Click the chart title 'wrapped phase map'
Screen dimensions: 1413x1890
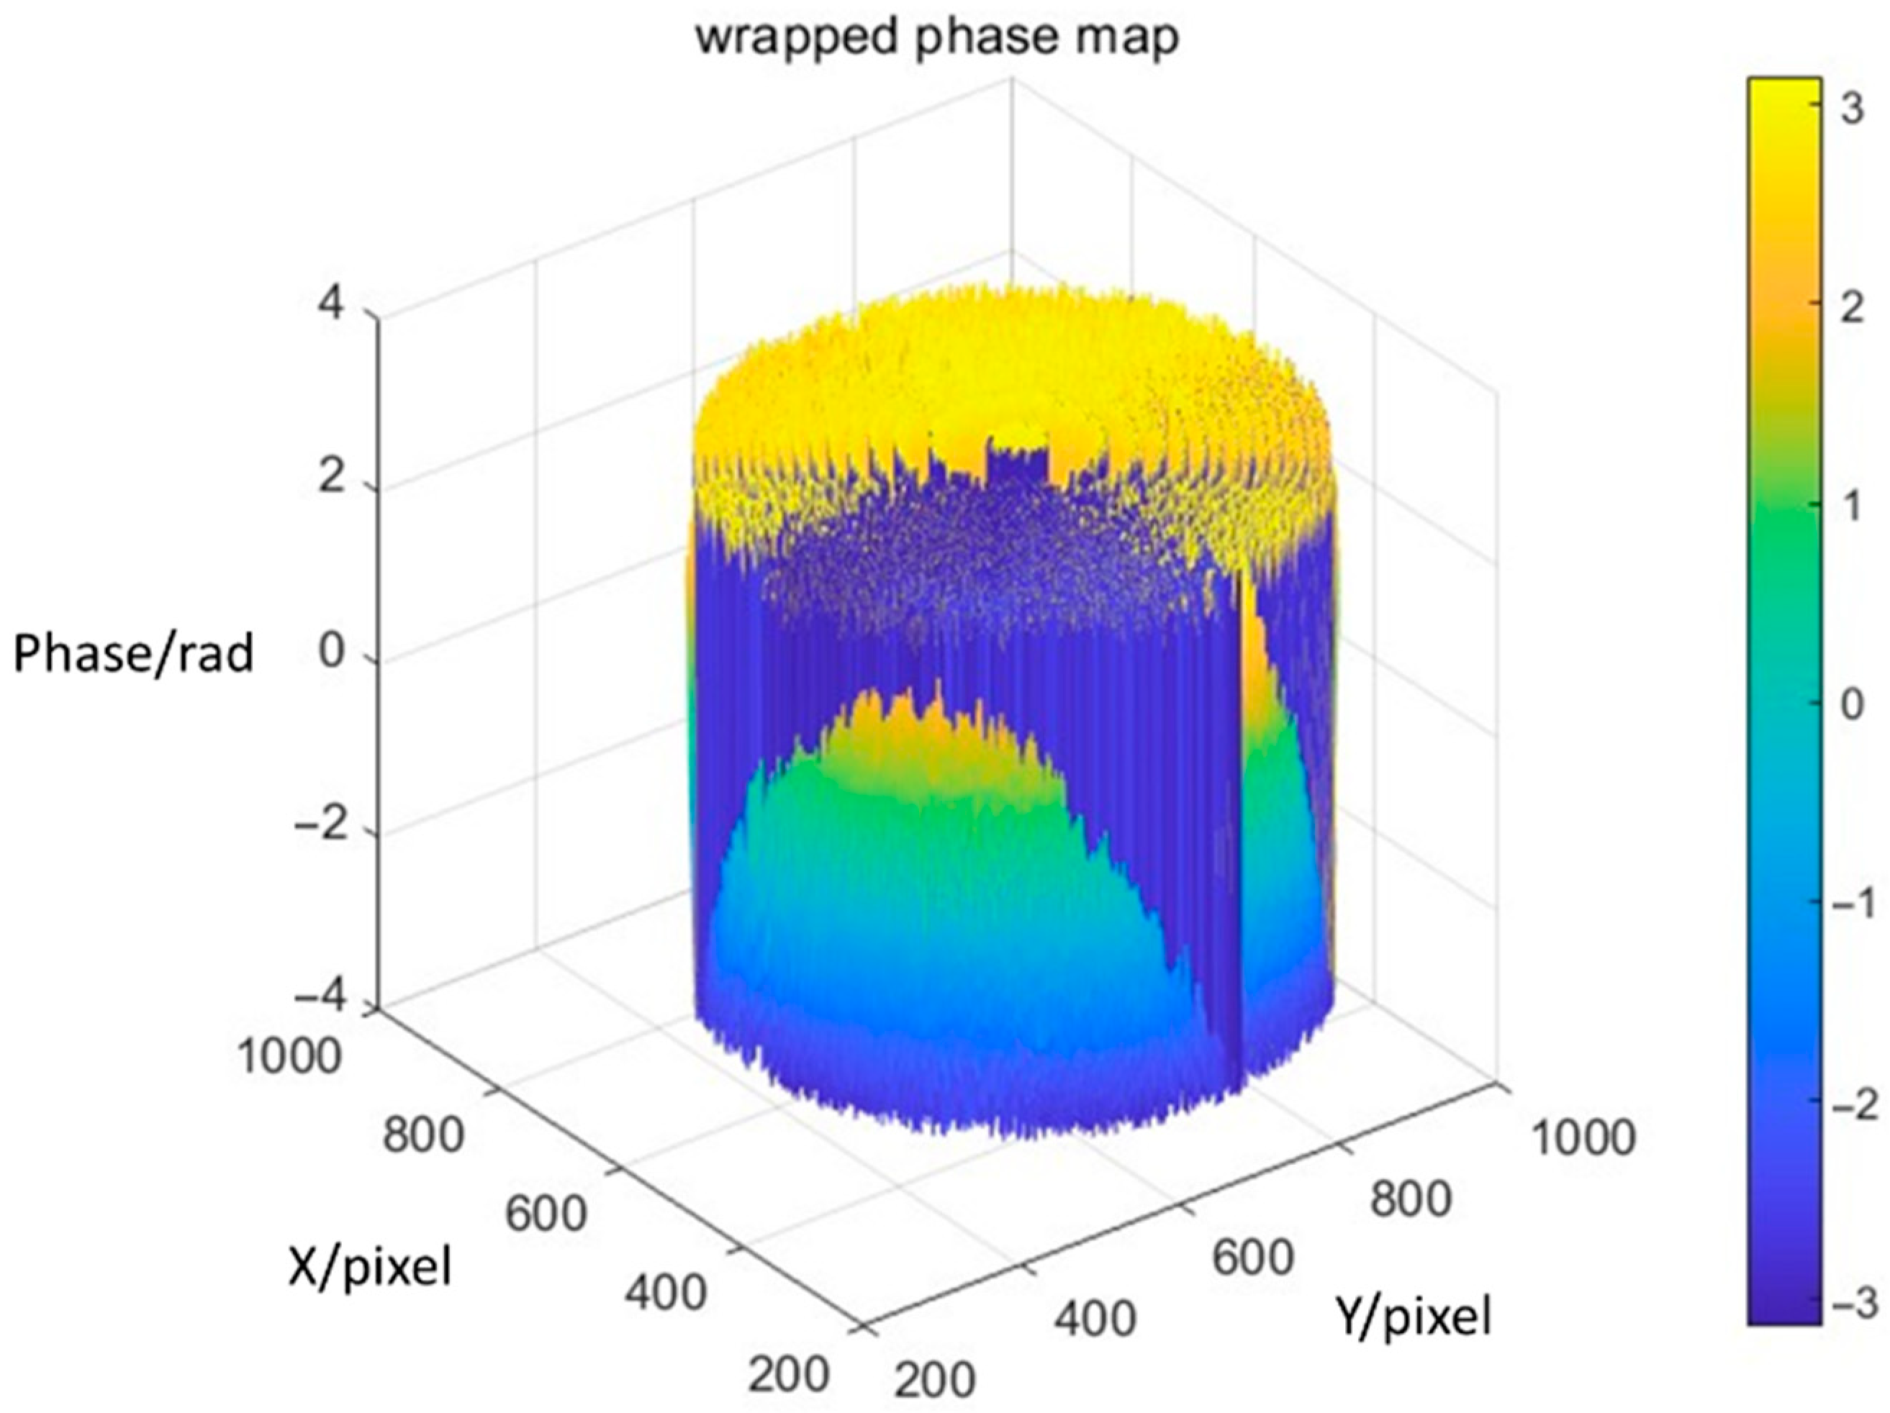click(x=937, y=37)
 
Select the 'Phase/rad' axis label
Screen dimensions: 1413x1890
click(x=133, y=655)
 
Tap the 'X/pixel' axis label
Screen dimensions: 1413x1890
click(x=369, y=1267)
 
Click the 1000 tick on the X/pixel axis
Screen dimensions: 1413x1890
click(x=289, y=1058)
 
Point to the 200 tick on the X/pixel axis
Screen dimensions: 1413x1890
click(x=789, y=1373)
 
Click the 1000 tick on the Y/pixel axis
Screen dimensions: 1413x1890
click(x=1583, y=1139)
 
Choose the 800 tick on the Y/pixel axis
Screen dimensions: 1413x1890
click(x=1411, y=1200)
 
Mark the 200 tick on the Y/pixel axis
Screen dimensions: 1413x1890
click(x=935, y=1380)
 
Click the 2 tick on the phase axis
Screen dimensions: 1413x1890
click(x=333, y=481)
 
